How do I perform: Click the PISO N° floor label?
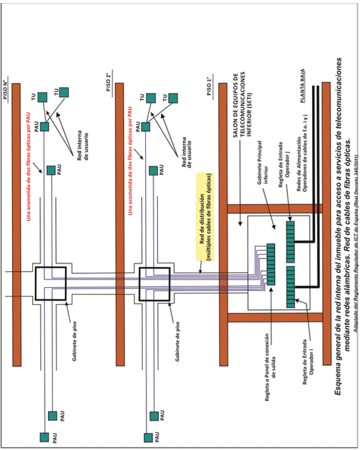point(5,89)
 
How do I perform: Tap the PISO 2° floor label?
point(109,82)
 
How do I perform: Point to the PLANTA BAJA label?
point(302,86)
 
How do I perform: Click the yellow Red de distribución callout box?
point(205,217)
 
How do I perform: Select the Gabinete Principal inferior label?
point(262,162)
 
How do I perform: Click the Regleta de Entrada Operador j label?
point(284,165)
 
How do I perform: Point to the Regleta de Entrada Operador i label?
point(308,362)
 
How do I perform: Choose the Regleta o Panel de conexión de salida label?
point(270,367)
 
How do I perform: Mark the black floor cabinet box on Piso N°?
point(51,284)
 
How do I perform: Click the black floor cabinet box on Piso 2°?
point(155,284)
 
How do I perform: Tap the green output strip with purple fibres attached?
point(271,264)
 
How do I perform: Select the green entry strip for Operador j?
point(290,242)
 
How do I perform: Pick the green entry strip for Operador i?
point(291,287)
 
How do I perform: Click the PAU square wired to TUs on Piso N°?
point(44,126)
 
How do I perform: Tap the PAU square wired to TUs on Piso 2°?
point(146,126)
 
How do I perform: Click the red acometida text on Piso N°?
point(29,167)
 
